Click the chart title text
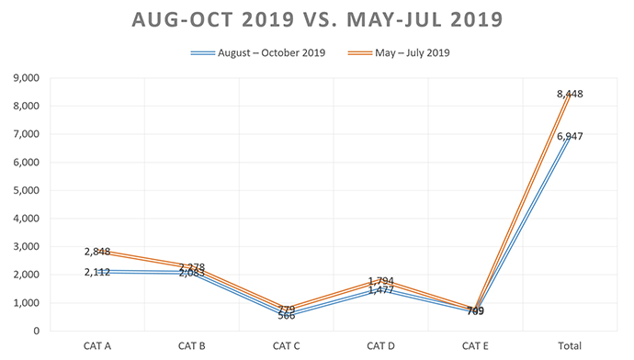[317, 19]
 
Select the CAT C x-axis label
[285, 345]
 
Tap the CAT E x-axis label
[475, 345]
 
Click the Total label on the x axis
[570, 345]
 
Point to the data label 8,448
[570, 94]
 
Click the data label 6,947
[570, 136]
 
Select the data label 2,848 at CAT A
[97, 252]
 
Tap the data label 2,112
[97, 271]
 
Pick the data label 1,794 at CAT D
[381, 281]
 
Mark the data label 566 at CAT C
[287, 315]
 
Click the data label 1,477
[381, 290]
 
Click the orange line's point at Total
[571, 94]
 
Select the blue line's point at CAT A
[96, 271]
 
